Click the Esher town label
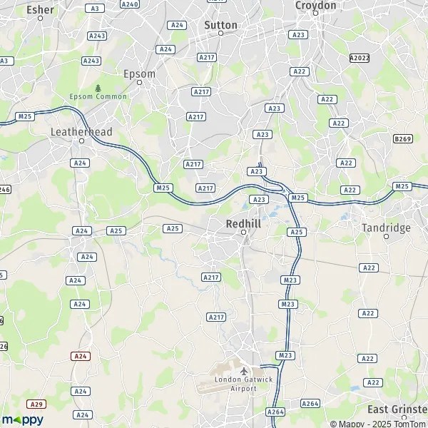pos(40,9)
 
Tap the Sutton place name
pos(220,24)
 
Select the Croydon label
pos(315,5)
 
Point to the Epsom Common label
pos(98,96)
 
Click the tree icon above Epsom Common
pos(98,87)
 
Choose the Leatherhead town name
pos(81,132)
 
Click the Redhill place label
pos(243,223)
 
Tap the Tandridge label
pos(387,228)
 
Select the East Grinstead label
pos(397,409)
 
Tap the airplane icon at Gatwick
pos(243,371)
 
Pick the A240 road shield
pos(130,4)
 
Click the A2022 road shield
pos(360,57)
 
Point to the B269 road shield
pos(402,140)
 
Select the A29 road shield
pos(37,404)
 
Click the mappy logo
pos(22,419)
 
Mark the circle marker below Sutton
pos(220,34)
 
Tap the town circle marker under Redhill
pos(243,233)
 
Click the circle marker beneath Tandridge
pos(387,236)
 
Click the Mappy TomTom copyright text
pos(372,424)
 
